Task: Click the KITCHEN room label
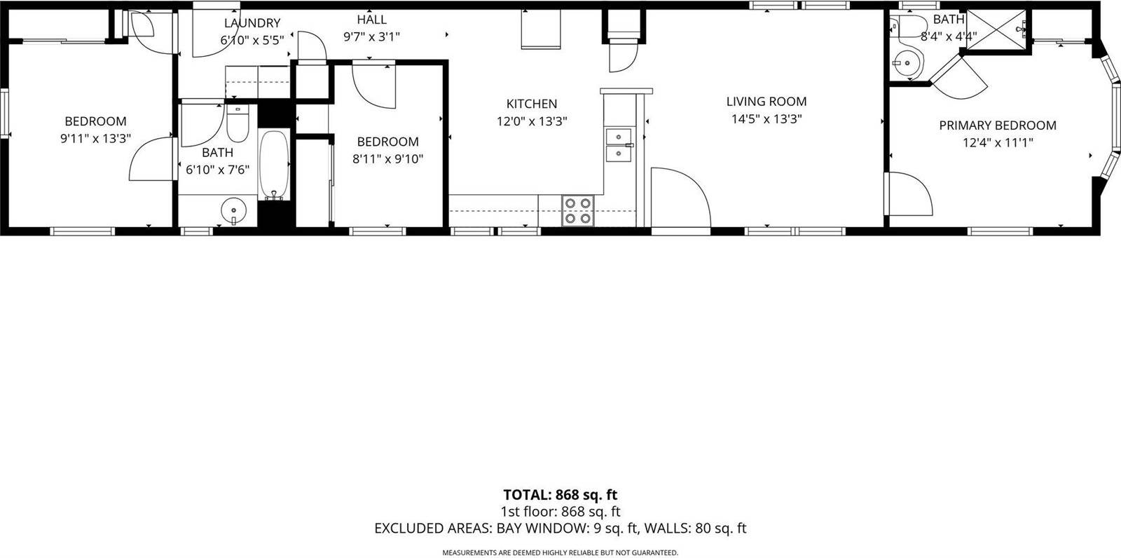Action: (532, 104)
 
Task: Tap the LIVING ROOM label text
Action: (766, 102)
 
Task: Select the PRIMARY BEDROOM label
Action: (998, 125)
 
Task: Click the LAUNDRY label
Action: (252, 23)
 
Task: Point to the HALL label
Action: (371, 20)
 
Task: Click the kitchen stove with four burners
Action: (578, 210)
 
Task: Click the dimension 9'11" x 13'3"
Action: (96, 139)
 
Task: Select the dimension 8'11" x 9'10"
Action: (387, 159)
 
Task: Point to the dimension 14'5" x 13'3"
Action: (766, 119)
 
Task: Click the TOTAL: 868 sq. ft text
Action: (560, 496)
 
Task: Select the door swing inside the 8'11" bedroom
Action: (375, 84)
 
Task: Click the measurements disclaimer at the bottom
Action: (560, 553)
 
